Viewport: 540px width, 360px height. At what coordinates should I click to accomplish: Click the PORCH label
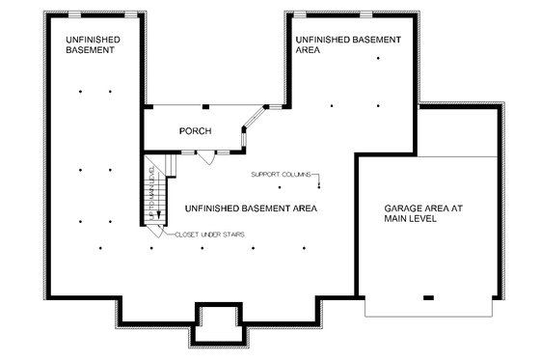195,131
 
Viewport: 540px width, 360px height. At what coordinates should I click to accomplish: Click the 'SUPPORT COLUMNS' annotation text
282,175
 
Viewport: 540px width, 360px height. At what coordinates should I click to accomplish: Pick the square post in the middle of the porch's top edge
206,106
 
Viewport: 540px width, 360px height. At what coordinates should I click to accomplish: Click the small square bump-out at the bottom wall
215,321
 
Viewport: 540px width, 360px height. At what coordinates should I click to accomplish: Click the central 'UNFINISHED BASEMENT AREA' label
250,208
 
